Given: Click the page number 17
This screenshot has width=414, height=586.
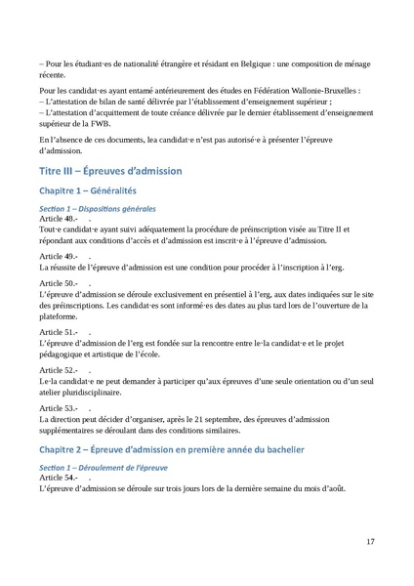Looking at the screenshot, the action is pyautogui.click(x=370, y=541).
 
